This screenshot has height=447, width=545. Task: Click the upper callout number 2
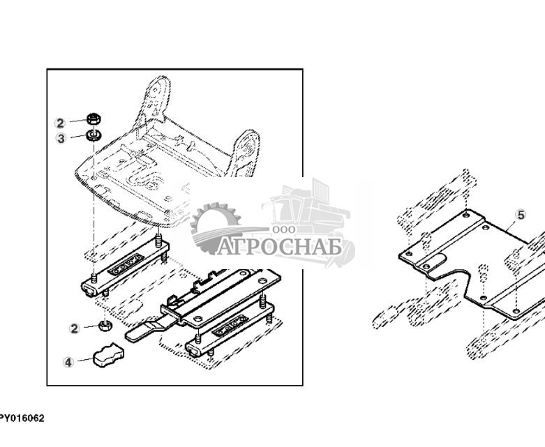coord(60,123)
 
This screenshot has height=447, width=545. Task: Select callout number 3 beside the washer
coord(61,138)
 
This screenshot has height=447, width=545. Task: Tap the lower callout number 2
coord(74,328)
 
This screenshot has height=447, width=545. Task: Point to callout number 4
coord(68,362)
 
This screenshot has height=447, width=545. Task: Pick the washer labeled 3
coord(92,134)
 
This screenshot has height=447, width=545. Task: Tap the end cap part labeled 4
coord(107,355)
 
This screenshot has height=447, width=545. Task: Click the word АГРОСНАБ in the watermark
coord(279,247)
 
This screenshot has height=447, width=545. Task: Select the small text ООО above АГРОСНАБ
coord(284,229)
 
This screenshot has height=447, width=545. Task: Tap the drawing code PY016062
coord(22,418)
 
